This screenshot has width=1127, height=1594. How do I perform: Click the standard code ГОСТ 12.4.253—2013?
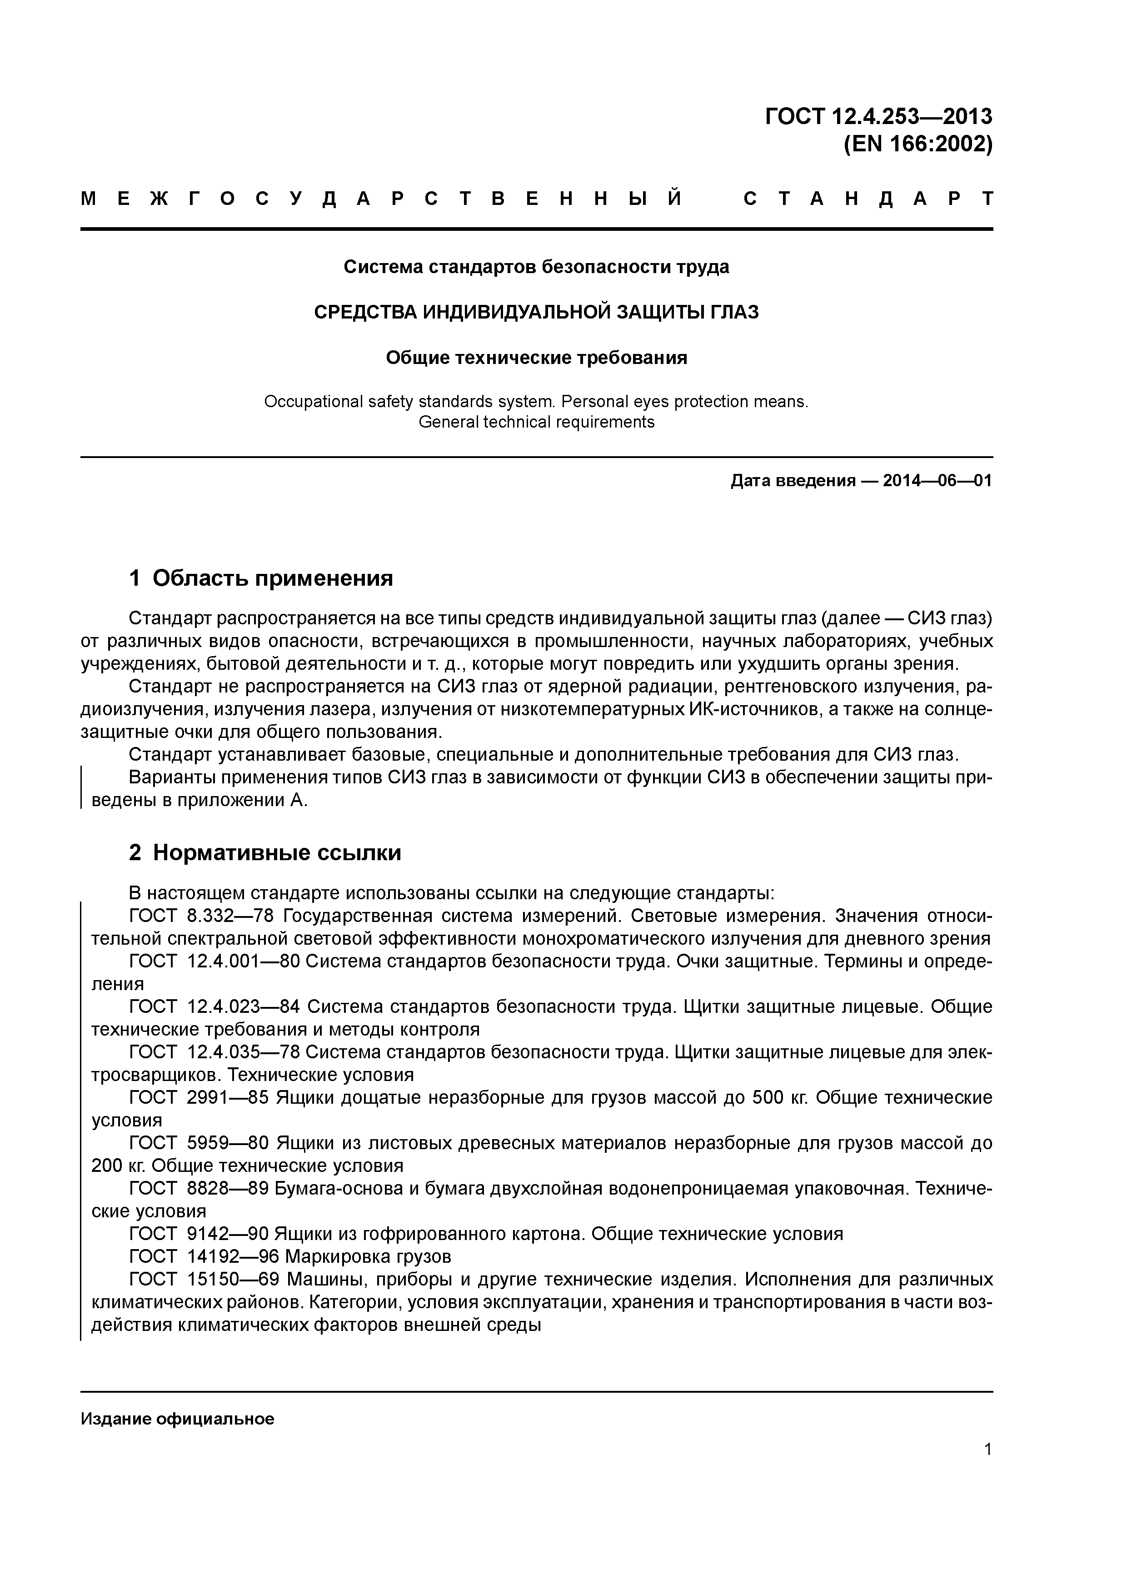coord(878,117)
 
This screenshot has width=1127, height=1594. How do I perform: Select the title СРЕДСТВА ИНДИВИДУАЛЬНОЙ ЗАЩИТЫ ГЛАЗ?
coord(536,313)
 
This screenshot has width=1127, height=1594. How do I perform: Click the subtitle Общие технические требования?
coord(536,358)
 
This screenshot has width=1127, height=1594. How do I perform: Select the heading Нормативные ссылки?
coord(276,852)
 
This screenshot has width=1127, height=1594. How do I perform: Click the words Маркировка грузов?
coord(368,1256)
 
